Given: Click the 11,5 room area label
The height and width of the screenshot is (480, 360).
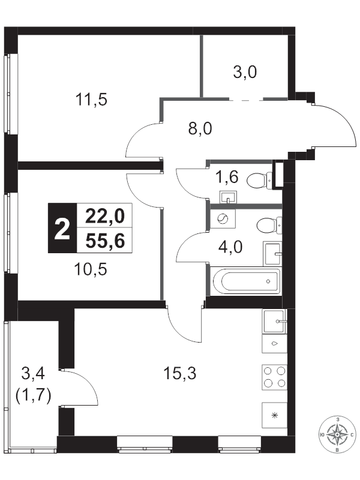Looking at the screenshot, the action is pyautogui.click(x=92, y=100).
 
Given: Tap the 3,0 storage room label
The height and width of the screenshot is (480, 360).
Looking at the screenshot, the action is pyautogui.click(x=245, y=73).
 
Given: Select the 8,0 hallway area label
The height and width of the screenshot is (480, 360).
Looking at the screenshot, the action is pyautogui.click(x=200, y=128).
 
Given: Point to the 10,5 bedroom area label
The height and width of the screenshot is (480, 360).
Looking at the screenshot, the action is pyautogui.click(x=91, y=269).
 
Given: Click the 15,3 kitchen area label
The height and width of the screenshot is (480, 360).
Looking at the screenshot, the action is pyautogui.click(x=180, y=373).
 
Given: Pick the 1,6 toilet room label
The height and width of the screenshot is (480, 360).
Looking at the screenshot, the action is pyautogui.click(x=227, y=177).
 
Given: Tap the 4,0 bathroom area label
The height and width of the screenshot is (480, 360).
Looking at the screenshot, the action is pyautogui.click(x=230, y=247).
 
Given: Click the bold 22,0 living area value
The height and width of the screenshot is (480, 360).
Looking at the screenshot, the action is pyautogui.click(x=105, y=216).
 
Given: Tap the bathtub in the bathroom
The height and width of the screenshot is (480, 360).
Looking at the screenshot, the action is pyautogui.click(x=245, y=281).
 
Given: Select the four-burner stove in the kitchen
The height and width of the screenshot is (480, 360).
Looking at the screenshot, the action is pyautogui.click(x=275, y=377).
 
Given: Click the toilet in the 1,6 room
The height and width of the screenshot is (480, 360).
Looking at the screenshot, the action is pyautogui.click(x=260, y=180).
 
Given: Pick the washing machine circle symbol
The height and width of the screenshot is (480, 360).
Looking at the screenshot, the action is pyautogui.click(x=223, y=218).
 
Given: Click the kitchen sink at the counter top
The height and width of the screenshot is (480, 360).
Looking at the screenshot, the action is pyautogui.click(x=274, y=321).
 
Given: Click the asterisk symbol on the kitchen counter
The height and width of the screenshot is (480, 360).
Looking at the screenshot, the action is pyautogui.click(x=275, y=415).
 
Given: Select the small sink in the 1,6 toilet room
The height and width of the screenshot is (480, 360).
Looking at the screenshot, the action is pyautogui.click(x=228, y=197).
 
